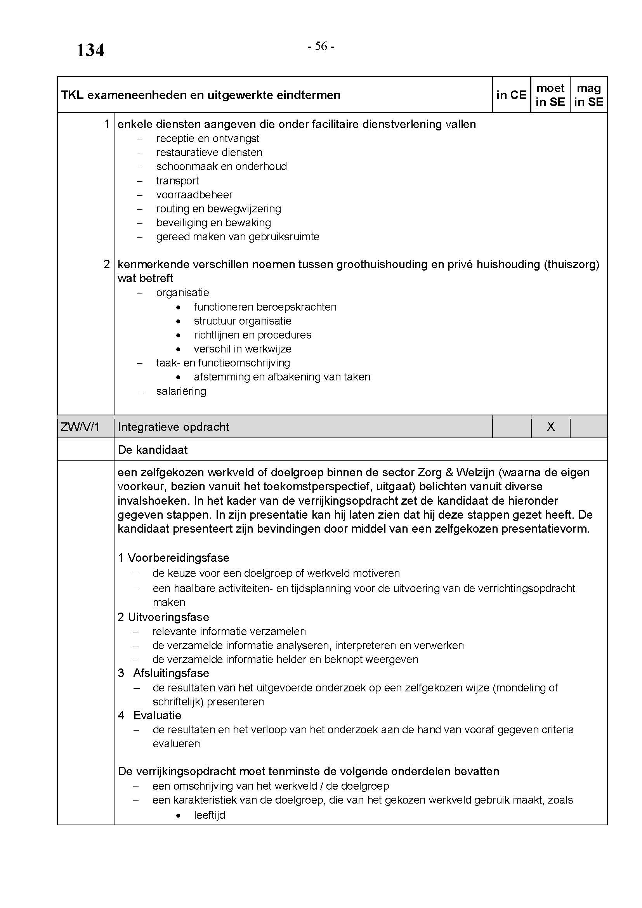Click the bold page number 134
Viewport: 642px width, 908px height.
[x=90, y=50]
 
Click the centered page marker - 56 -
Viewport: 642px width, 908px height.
[x=321, y=47]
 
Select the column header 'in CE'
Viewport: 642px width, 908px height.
[x=511, y=95]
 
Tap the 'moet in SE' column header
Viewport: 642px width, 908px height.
[x=550, y=95]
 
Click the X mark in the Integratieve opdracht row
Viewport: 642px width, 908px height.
[x=550, y=427]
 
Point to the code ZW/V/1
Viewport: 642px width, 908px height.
[x=80, y=427]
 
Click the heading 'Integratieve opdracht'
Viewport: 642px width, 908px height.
[x=173, y=427]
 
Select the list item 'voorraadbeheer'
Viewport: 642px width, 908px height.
[x=194, y=194]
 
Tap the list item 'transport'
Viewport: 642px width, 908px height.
[x=177, y=181]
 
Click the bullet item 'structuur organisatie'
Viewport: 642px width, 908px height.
[x=242, y=321]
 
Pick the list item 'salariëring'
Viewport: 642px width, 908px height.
[x=181, y=391]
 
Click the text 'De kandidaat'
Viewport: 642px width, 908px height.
[x=153, y=450]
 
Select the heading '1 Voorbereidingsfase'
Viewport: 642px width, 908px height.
[x=173, y=558]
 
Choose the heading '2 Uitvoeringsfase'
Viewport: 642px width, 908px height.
[x=163, y=617]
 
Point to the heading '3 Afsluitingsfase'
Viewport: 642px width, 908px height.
[x=163, y=673]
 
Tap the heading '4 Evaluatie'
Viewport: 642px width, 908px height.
[x=149, y=715]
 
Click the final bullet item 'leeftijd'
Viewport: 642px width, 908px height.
[x=210, y=815]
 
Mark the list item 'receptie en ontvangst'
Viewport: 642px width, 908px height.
[x=208, y=139]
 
